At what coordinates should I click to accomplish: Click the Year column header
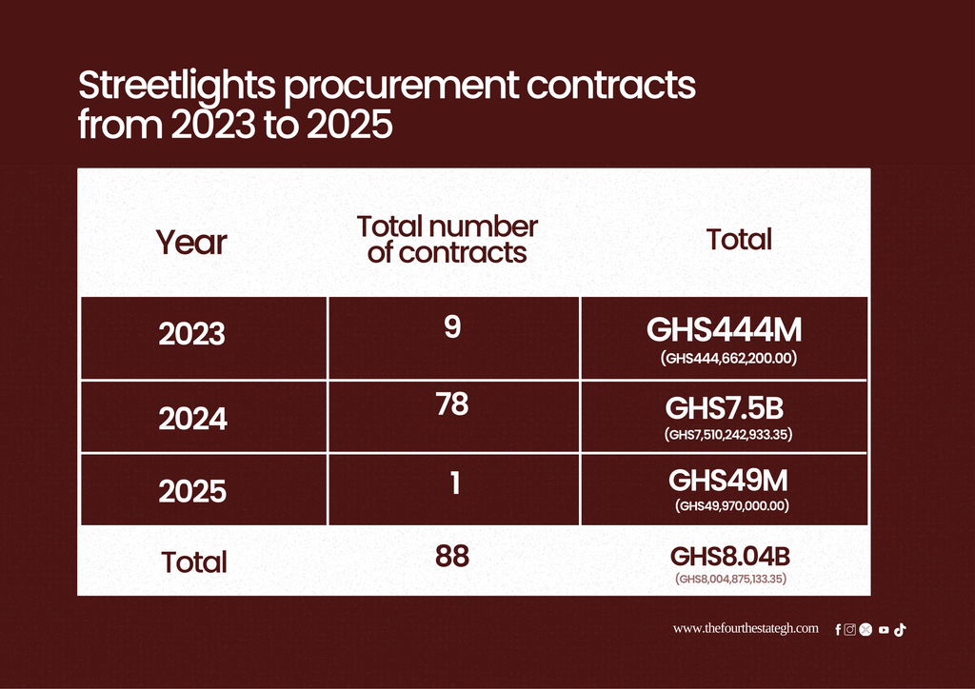[191, 243]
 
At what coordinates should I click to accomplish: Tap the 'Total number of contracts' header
[448, 240]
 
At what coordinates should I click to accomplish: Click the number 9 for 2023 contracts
[452, 326]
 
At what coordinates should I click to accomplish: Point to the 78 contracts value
[452, 404]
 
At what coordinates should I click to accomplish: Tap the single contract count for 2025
[455, 482]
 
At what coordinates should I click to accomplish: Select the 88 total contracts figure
[452, 556]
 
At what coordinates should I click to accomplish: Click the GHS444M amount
[725, 329]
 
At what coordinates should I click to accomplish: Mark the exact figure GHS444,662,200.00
[728, 358]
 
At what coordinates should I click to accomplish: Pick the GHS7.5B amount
[725, 408]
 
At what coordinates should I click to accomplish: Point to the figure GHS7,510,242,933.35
[728, 434]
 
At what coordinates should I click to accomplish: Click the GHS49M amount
[728, 481]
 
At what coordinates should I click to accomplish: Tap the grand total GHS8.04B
[730, 557]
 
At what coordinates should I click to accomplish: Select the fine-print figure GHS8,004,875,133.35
[730, 579]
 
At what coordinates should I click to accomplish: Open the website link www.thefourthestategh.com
[746, 628]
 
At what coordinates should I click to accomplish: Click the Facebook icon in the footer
[838, 630]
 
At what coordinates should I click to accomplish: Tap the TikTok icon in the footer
[900, 630]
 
